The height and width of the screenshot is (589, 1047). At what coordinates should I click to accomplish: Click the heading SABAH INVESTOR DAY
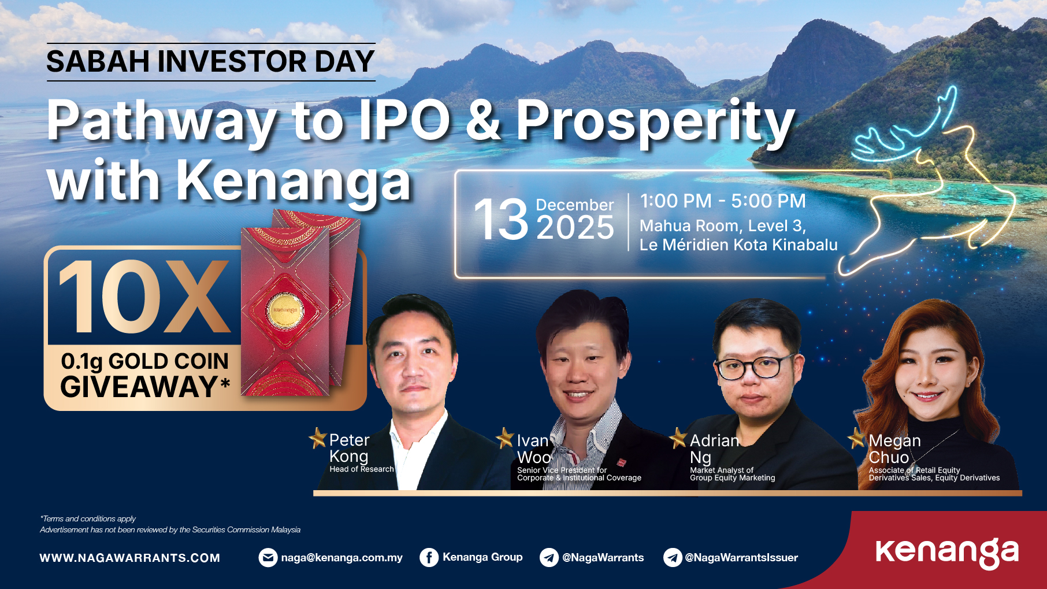point(211,61)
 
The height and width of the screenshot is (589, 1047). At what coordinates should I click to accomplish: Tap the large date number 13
point(501,220)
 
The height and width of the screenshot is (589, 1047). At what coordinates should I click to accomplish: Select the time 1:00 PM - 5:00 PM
point(723,201)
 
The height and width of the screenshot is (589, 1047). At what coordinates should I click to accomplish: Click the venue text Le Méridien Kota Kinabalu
point(738,245)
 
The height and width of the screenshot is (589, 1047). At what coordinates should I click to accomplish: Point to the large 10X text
point(144,297)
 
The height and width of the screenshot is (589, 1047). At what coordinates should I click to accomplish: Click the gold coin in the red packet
point(285,311)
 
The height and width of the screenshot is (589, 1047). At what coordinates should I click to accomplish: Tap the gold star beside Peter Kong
point(318,438)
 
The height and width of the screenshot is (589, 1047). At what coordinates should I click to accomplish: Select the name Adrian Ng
point(715,449)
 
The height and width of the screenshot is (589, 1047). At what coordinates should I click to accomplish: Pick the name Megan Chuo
point(894,449)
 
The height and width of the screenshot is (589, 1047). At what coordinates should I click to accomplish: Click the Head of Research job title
point(362,469)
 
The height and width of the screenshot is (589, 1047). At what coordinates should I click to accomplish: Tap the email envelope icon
point(268,558)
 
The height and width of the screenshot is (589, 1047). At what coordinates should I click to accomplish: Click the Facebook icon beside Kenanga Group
point(429,558)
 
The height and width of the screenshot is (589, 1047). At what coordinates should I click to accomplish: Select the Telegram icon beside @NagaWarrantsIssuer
point(673,558)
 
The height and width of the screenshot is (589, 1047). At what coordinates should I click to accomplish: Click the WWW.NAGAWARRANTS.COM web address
point(130,558)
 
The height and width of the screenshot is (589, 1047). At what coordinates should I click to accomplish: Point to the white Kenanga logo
point(948,553)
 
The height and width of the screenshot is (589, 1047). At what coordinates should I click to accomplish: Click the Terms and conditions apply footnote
point(88,519)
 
